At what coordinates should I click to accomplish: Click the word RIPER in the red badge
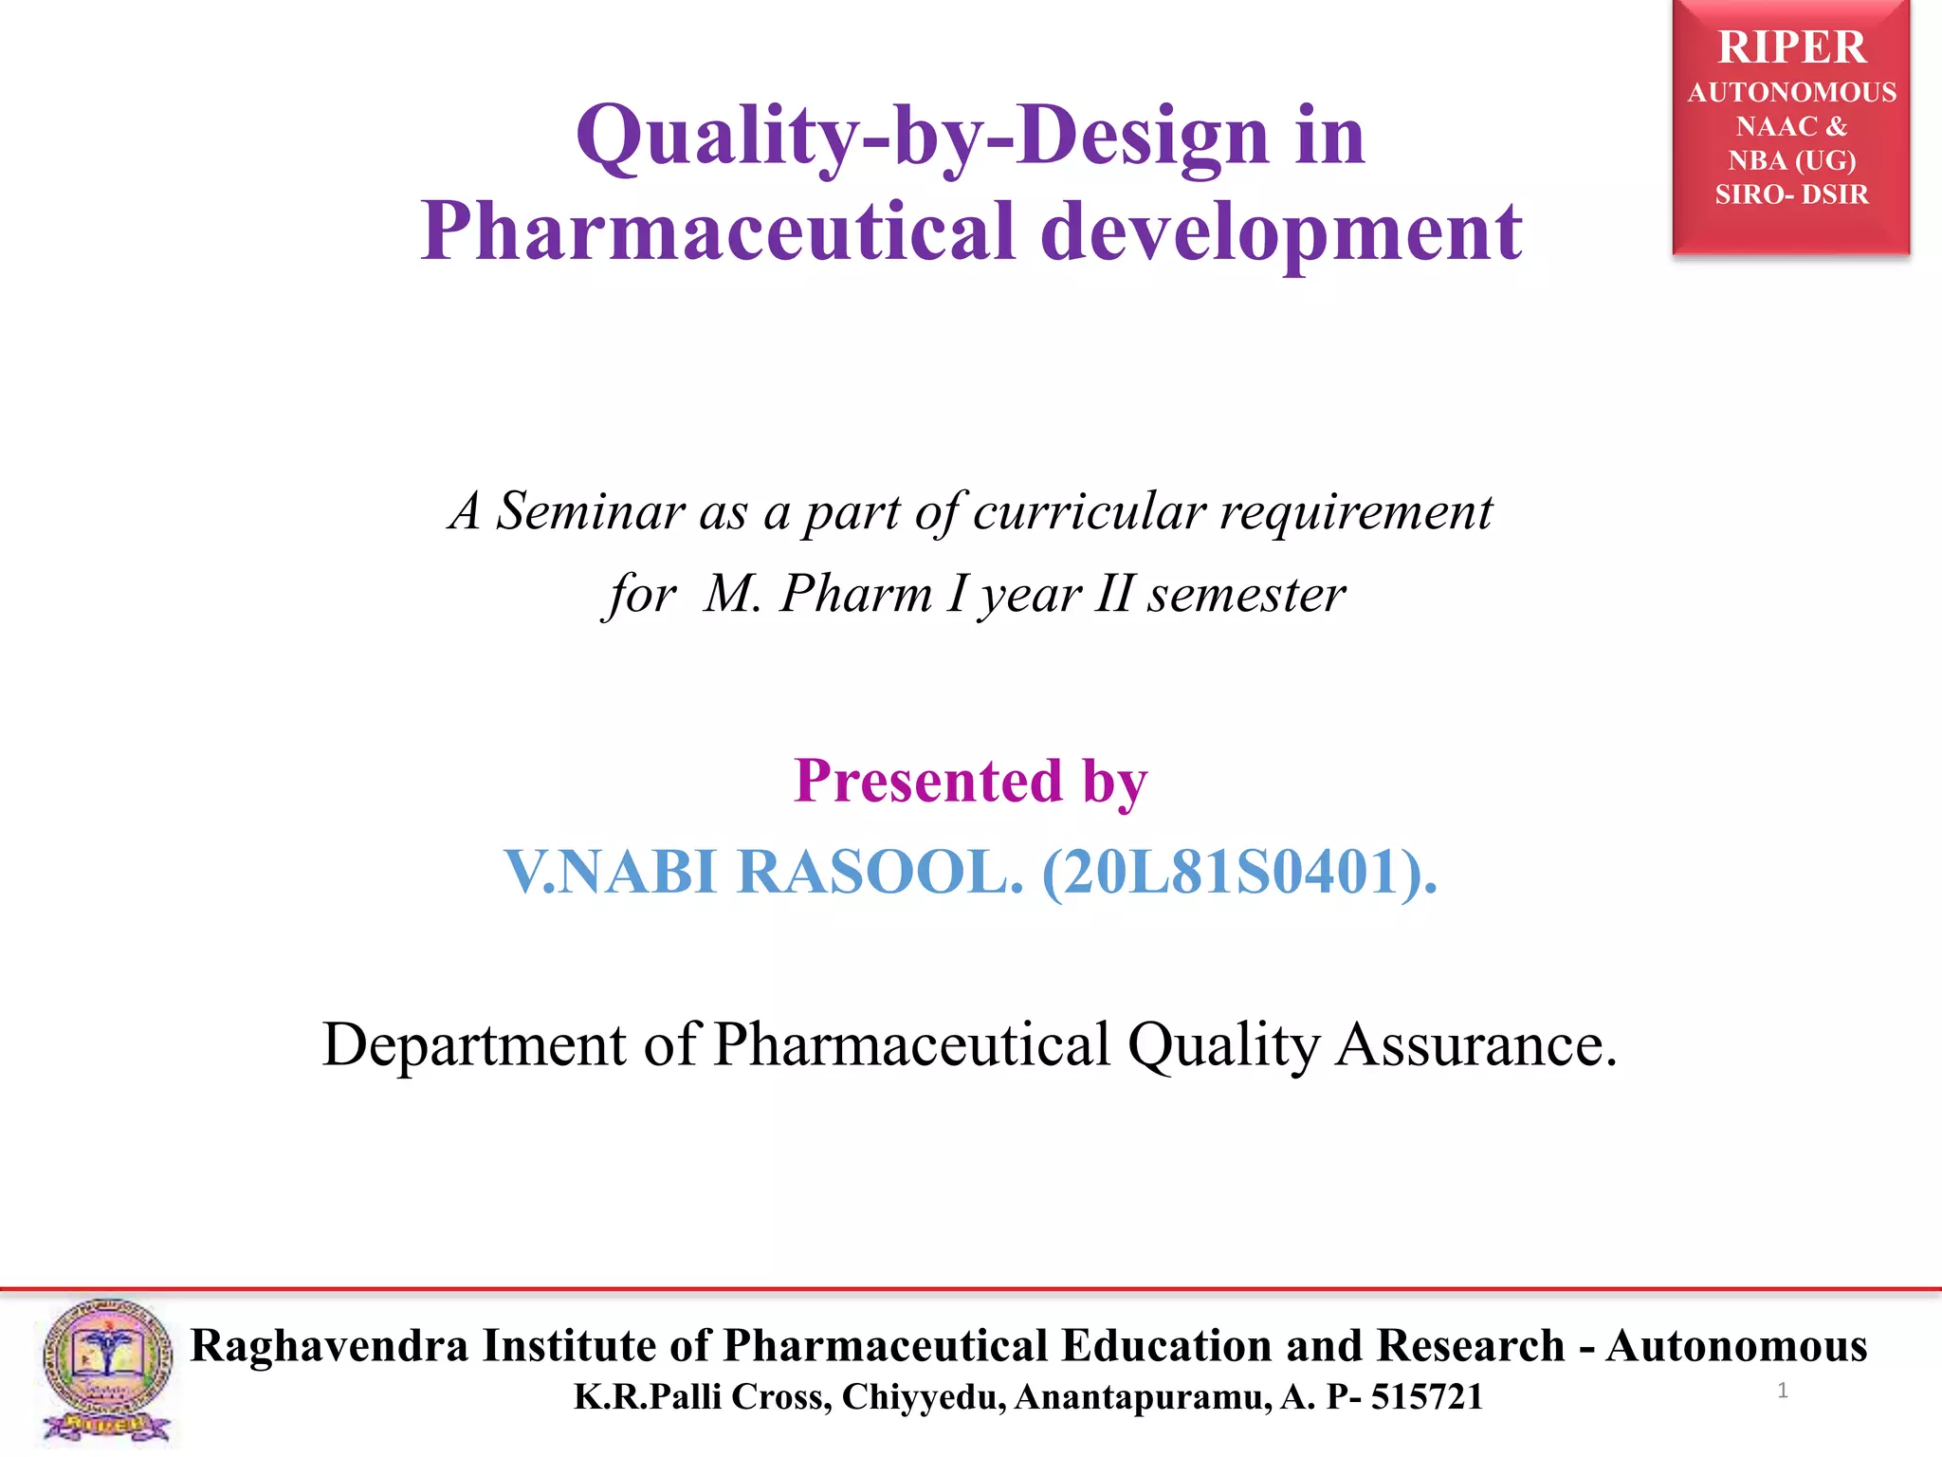pyautogui.click(x=1791, y=47)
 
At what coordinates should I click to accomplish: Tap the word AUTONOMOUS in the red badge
pyautogui.click(x=1791, y=93)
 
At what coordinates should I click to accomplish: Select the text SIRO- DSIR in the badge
pyautogui.click(x=1791, y=194)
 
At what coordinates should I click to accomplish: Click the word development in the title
pyautogui.click(x=1281, y=232)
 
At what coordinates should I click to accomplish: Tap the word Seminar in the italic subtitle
pyautogui.click(x=590, y=511)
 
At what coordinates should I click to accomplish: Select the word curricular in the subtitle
pyautogui.click(x=1089, y=511)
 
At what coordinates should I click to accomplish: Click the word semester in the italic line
pyautogui.click(x=1246, y=595)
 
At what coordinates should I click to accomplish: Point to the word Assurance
pyautogui.click(x=1475, y=1045)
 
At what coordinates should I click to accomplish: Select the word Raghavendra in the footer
pyautogui.click(x=329, y=1346)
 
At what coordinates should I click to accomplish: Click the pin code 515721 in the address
pyautogui.click(x=1426, y=1397)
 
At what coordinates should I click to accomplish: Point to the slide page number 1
pyautogui.click(x=1783, y=1391)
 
